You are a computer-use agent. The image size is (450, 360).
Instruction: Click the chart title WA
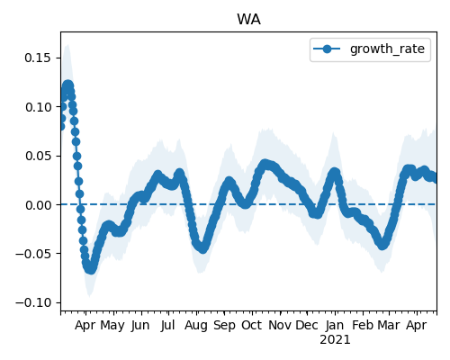[248, 20]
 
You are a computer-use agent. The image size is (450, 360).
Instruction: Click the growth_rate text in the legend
[387, 49]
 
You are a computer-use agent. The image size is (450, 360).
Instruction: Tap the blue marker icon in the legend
[328, 49]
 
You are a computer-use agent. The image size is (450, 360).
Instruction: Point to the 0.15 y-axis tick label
[38, 58]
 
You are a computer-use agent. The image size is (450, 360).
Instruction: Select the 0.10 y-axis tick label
[38, 107]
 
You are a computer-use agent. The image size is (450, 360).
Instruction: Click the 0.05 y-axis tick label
[38, 156]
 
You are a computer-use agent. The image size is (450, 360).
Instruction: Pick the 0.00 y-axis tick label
[38, 205]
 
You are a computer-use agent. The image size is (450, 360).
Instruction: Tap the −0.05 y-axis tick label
[33, 254]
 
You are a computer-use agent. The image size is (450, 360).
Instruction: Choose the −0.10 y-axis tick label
[33, 302]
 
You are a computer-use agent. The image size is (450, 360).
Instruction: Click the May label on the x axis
[112, 326]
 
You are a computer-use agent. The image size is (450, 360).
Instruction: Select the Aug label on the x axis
[196, 326]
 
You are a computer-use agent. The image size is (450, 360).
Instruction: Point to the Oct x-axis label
[252, 325]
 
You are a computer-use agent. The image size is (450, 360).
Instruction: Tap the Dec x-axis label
[307, 325]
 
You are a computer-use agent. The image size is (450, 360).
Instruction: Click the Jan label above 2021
[335, 325]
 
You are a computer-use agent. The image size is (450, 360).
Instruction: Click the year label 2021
[335, 340]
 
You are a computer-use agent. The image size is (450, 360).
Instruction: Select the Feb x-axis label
[363, 325]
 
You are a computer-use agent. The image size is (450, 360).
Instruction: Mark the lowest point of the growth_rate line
[90, 269]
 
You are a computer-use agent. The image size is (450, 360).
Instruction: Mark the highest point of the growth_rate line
[68, 85]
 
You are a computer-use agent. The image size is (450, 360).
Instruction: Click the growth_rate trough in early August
[202, 248]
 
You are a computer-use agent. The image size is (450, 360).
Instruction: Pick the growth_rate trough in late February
[382, 245]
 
